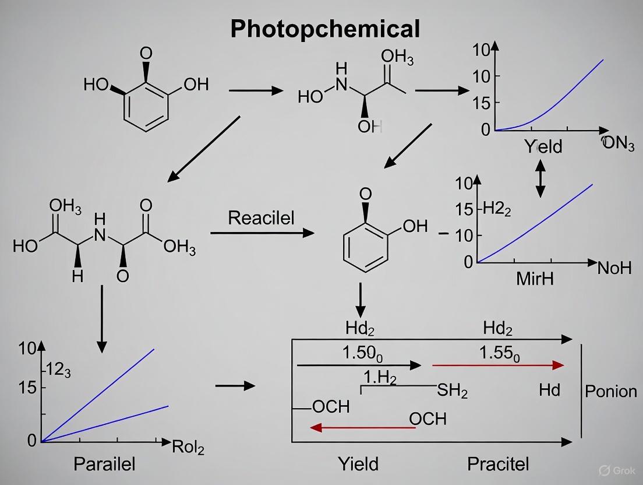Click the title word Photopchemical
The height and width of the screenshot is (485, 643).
tap(325, 28)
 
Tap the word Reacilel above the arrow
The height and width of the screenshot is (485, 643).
tap(261, 218)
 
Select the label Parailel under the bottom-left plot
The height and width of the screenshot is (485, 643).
tap(104, 464)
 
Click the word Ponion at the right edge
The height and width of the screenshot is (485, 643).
tap(610, 391)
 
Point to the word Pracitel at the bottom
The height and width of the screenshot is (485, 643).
tap(498, 464)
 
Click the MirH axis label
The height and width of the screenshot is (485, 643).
tap(535, 279)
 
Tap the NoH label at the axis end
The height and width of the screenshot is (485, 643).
tap(614, 268)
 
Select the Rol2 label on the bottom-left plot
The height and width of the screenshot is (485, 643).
tap(188, 447)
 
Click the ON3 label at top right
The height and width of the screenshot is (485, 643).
tap(618, 143)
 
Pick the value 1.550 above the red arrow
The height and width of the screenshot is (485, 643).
tap(499, 353)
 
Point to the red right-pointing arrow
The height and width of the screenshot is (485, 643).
tap(498, 365)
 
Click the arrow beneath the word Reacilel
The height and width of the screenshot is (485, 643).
tap(262, 233)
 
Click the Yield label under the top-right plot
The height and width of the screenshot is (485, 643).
tap(543, 146)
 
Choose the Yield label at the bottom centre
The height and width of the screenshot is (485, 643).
tap(358, 464)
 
